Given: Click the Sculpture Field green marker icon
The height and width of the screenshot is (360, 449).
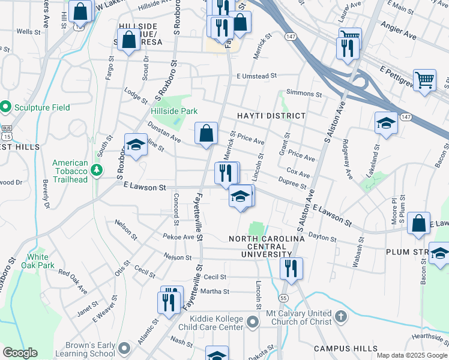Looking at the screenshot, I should [x=6, y=107].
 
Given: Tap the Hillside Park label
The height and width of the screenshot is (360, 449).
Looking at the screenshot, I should [x=174, y=111].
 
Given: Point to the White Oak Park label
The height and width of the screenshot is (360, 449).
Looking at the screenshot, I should [x=37, y=261].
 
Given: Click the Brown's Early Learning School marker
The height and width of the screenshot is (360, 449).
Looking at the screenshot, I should [x=124, y=347].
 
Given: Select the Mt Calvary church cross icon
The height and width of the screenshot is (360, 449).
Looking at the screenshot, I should [x=340, y=316].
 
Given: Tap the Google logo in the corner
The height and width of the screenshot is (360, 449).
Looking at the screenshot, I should [x=20, y=353].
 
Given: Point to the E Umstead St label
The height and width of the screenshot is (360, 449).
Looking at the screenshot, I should [x=256, y=76].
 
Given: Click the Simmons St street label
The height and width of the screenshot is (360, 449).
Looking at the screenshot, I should [x=304, y=94].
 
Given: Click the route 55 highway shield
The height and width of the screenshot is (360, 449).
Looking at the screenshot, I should [x=283, y=298].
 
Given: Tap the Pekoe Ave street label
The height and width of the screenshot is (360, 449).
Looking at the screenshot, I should [x=179, y=237].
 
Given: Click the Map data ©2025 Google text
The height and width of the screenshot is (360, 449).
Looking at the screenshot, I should [x=411, y=355].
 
